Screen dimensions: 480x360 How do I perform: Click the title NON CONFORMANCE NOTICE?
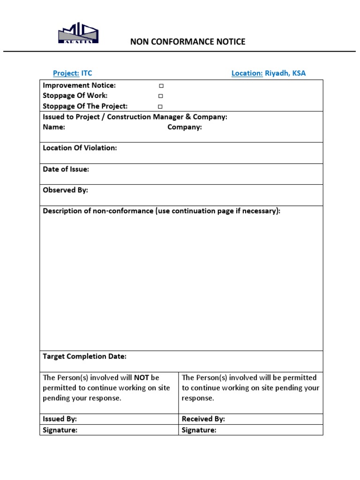[187, 42]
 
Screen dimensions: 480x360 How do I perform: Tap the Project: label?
[66, 73]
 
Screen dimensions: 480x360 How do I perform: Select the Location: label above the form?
[247, 73]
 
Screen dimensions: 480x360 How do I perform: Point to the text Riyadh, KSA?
[285, 73]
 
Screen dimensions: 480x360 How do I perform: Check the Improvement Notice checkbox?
[161, 86]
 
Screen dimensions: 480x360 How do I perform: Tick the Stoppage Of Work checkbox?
[161, 96]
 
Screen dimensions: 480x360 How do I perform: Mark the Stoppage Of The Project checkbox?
[161, 106]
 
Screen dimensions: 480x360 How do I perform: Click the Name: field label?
[54, 127]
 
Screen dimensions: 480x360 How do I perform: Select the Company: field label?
[185, 127]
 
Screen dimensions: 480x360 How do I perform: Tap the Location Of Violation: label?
[80, 148]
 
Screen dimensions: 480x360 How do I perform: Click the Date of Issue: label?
[66, 169]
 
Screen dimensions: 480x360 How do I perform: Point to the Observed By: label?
[65, 190]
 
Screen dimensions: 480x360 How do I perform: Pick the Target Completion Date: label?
[84, 356]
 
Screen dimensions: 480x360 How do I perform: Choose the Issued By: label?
[60, 419]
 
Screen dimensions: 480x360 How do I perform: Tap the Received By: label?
[203, 419]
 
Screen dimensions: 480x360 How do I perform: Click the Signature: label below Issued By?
[60, 430]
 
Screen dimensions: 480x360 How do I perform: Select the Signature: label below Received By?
[199, 430]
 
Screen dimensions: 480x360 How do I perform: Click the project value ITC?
[87, 73]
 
